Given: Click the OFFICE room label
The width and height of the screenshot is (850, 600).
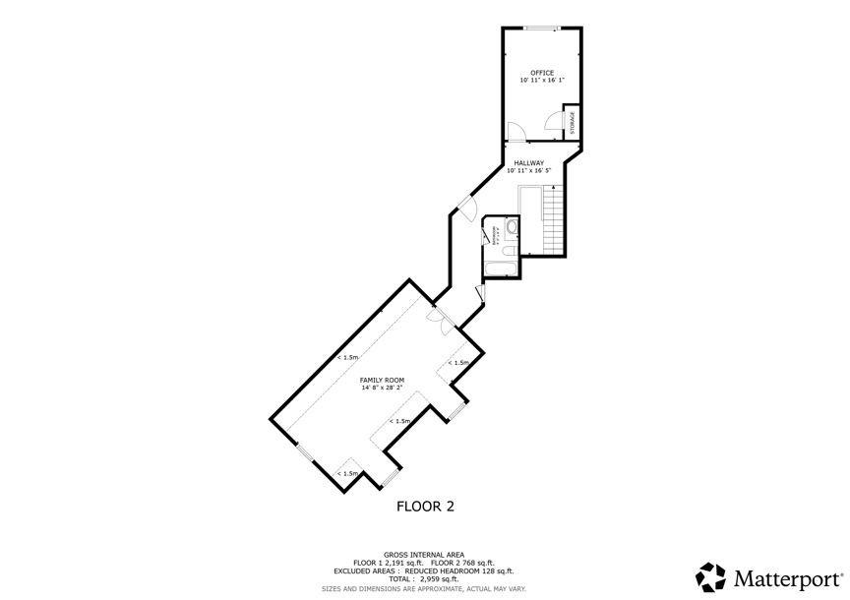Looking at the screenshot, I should click(x=542, y=72).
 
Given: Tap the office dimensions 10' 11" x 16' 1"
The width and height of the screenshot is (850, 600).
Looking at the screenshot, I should click(x=542, y=80).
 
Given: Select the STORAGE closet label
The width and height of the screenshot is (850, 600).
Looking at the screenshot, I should click(x=573, y=122).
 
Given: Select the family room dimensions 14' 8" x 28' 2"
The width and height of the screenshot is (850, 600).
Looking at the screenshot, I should click(x=381, y=388).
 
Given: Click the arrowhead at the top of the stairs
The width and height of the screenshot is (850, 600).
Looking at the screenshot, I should click(x=554, y=186).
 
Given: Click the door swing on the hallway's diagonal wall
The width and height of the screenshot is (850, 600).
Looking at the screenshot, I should click(x=467, y=208).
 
